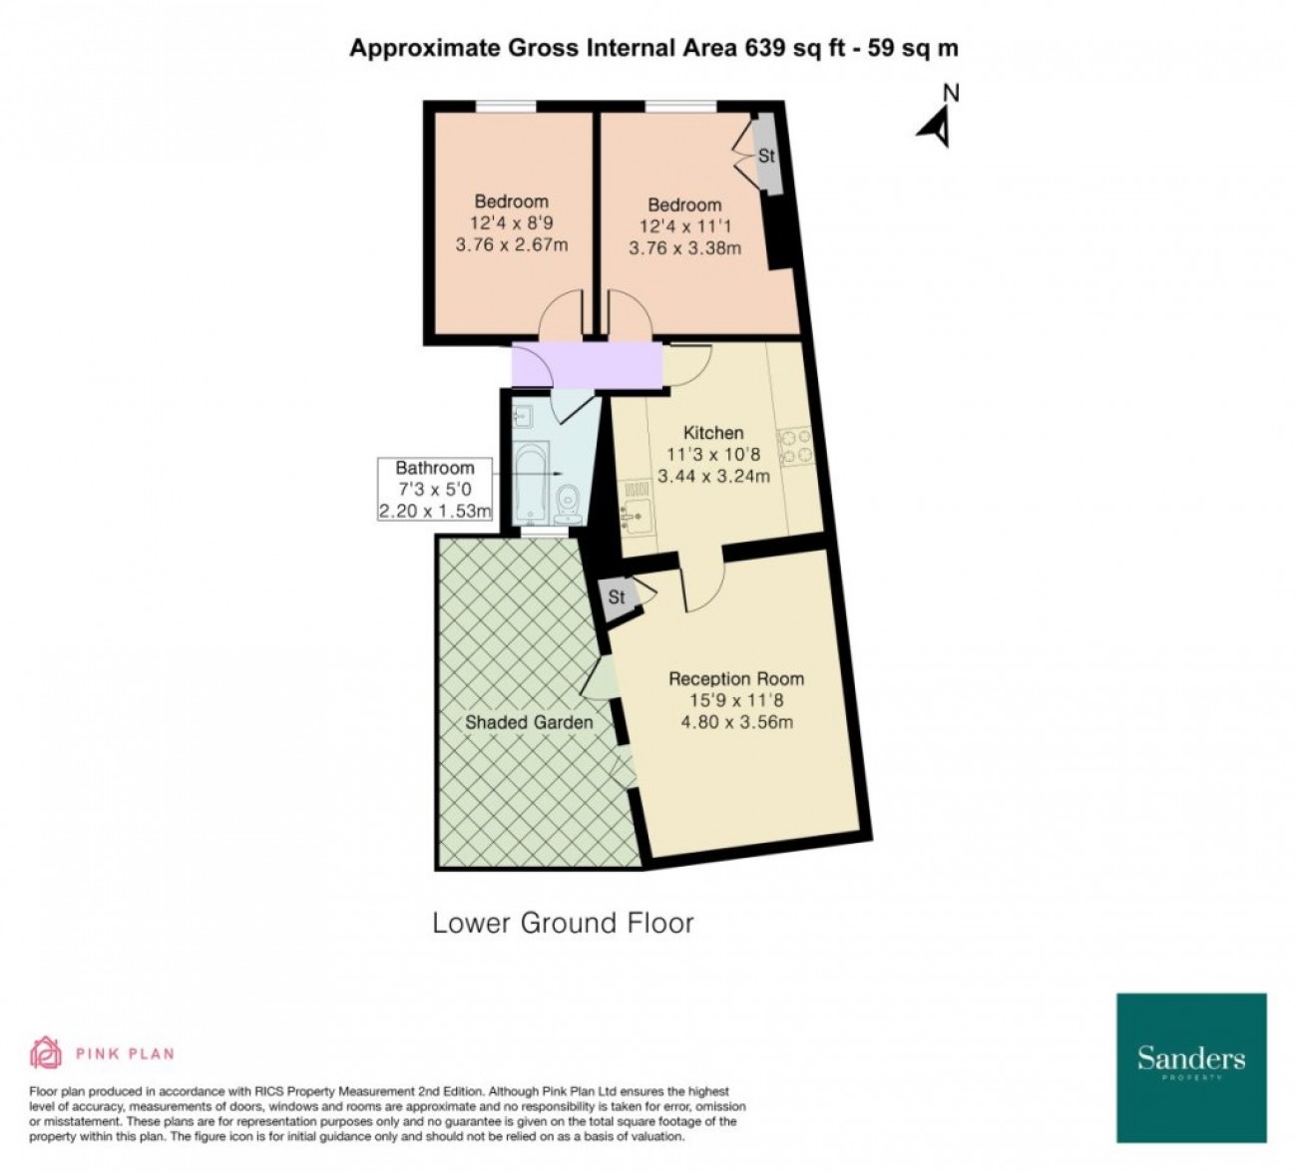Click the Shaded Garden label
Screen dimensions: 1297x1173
(x=529, y=722)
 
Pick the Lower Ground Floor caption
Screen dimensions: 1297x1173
(x=563, y=923)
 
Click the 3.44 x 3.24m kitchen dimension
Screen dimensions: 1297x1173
(x=713, y=477)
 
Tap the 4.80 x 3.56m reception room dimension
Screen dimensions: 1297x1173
(x=737, y=721)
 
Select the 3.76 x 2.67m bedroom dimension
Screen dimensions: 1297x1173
(x=512, y=245)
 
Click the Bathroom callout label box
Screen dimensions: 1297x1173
(x=435, y=490)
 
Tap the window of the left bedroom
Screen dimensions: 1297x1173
(x=507, y=106)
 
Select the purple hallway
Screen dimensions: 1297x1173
(x=587, y=365)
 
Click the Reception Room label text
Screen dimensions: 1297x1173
(x=736, y=679)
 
